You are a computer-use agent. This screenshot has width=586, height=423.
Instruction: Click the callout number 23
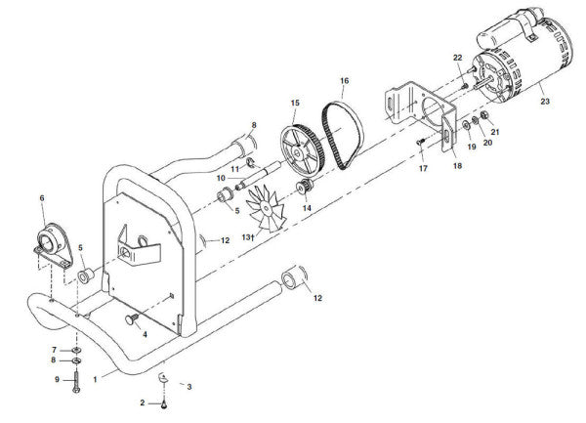pos(544,102)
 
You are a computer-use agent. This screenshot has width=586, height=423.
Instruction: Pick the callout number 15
pos(293,103)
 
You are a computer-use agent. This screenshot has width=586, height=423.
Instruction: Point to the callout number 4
pos(146,334)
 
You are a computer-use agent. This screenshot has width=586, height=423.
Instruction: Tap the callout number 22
pos(457,59)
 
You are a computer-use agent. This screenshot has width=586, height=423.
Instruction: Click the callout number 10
pos(222,178)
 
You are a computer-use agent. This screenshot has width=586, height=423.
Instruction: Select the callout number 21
pos(495,132)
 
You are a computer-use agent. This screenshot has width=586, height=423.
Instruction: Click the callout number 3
pos(189,387)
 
